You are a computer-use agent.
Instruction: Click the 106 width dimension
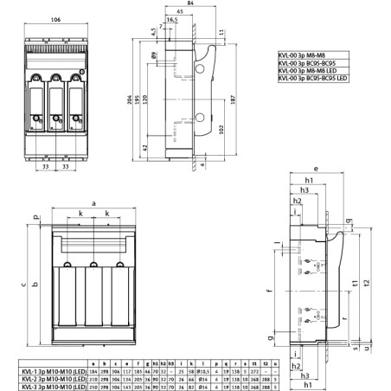point(56,17)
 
